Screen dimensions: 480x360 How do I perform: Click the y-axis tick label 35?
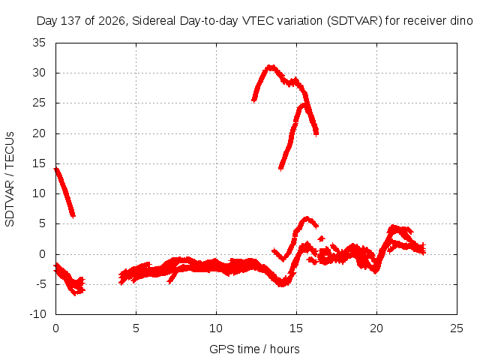click(x=39, y=43)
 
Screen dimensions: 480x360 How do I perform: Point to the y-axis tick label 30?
click(x=39, y=73)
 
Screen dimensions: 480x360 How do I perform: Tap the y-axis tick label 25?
click(x=39, y=103)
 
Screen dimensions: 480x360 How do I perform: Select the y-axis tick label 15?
click(x=39, y=163)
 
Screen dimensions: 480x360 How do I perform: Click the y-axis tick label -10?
click(x=37, y=314)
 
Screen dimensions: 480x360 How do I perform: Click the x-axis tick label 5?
click(x=136, y=328)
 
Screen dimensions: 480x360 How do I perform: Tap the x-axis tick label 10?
click(x=216, y=328)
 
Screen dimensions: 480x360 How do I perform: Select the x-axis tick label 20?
click(x=376, y=328)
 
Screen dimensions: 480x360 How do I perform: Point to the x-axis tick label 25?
click(x=457, y=328)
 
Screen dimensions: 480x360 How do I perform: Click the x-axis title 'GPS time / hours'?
click(x=254, y=349)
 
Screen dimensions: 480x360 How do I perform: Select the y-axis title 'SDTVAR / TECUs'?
click(x=10, y=179)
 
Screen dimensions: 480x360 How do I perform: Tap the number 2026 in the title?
click(x=112, y=21)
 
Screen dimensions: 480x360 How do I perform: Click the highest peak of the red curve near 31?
click(x=270, y=67)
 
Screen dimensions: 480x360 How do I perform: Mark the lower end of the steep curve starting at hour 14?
click(x=280, y=168)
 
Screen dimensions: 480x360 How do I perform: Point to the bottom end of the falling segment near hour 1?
click(x=73, y=216)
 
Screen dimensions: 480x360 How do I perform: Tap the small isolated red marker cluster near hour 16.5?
click(x=321, y=238)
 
